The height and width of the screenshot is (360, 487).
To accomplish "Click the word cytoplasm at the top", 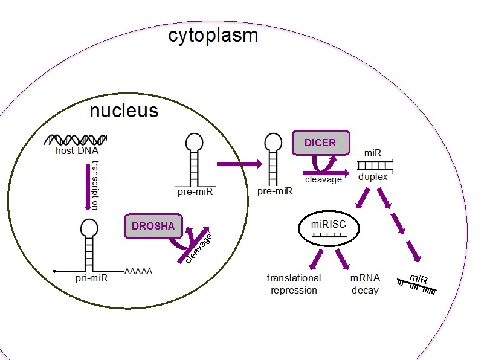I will point(213,35).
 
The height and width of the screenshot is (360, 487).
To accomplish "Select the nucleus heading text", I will point(124,111).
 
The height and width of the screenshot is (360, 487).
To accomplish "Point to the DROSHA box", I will point(153,226).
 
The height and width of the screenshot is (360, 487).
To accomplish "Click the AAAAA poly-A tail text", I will point(138,272).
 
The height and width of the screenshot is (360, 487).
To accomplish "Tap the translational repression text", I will point(294,284).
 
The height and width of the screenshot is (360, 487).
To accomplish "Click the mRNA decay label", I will point(364,284).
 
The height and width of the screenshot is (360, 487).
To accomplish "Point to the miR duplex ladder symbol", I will point(373,165).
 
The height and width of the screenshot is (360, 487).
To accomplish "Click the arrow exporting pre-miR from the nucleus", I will point(237,164).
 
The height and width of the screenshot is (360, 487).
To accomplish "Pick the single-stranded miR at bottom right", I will point(418,283).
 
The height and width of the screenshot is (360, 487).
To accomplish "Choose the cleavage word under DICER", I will point(323,179).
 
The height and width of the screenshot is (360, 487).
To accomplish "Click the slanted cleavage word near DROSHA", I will point(199,248).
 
